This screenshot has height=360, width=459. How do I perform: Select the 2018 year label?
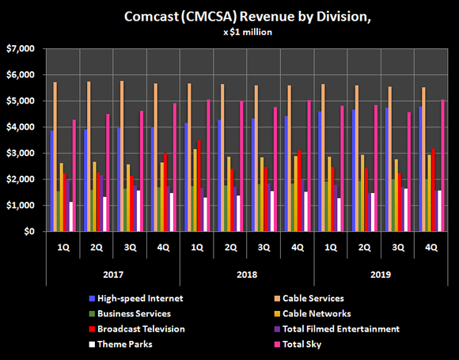(x=247, y=275)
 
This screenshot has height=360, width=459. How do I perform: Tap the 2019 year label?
(x=381, y=275)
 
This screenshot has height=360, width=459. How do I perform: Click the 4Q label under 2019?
(x=431, y=246)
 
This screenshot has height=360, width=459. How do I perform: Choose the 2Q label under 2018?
(x=230, y=246)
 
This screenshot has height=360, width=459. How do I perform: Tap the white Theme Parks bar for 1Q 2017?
(x=70, y=217)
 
